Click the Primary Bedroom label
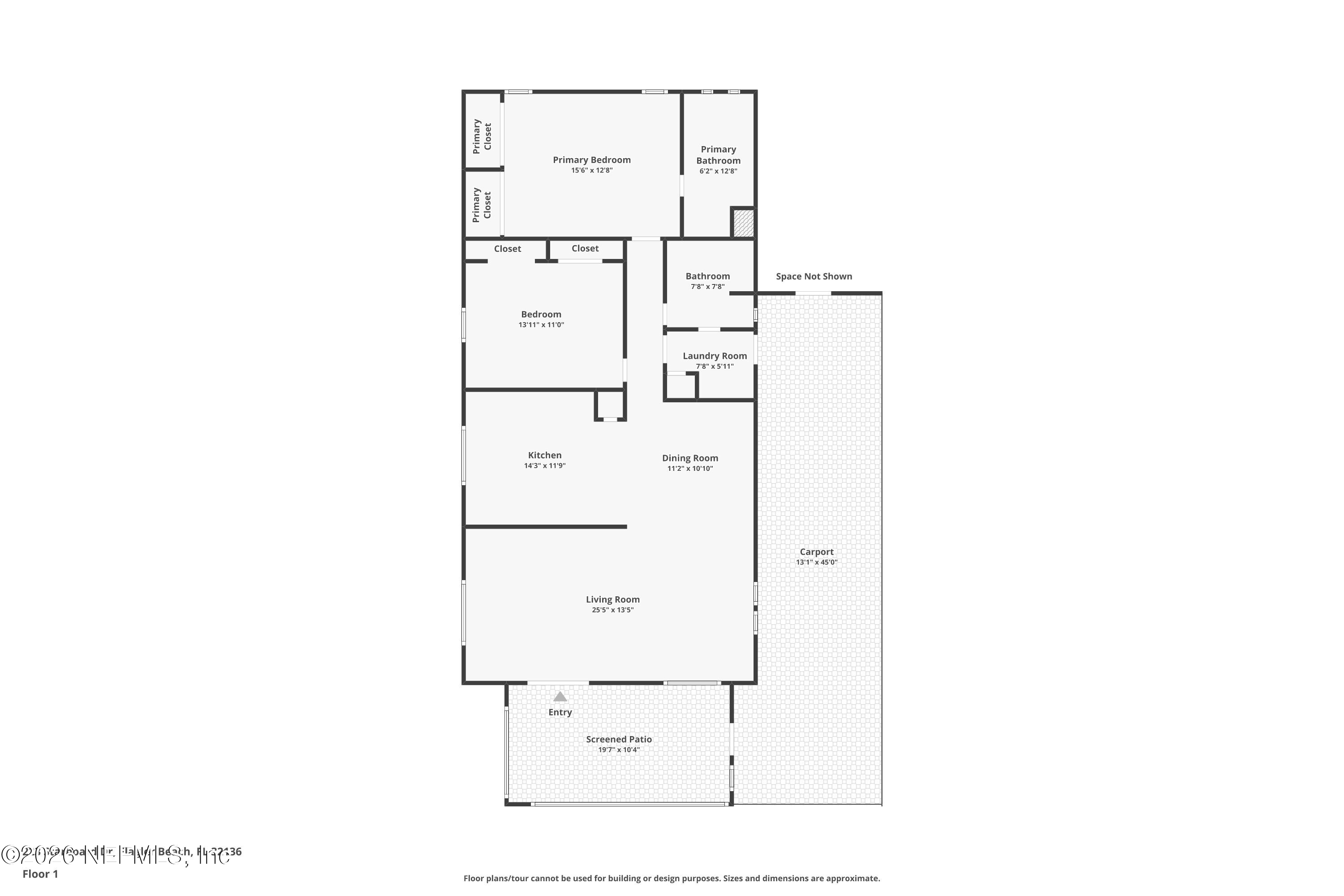click(x=591, y=160)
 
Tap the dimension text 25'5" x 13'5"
click(x=612, y=610)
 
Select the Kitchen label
click(x=545, y=456)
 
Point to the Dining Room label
click(x=690, y=458)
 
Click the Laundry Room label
click(x=714, y=356)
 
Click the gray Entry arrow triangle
click(x=560, y=697)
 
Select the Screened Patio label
click(x=619, y=740)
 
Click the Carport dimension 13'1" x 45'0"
click(x=817, y=562)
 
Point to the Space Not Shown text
click(x=814, y=276)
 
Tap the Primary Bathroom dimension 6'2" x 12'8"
click(x=718, y=171)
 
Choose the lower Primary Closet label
click(x=482, y=205)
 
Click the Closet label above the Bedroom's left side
click(x=508, y=249)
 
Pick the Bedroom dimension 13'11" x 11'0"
click(x=541, y=324)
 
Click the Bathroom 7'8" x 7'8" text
click(x=707, y=287)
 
